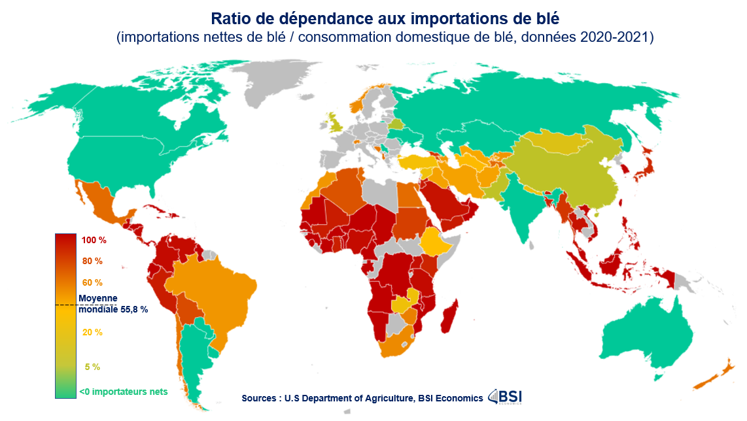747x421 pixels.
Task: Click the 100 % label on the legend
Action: (x=94, y=241)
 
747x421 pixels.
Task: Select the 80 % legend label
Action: (x=92, y=261)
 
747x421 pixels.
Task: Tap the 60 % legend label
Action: (x=92, y=283)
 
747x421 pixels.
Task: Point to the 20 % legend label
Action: (x=92, y=332)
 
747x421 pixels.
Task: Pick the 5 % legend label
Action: (x=92, y=367)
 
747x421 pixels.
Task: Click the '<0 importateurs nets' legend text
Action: (x=123, y=392)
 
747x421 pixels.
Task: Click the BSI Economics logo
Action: (x=505, y=397)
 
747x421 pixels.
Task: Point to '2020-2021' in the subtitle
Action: (x=616, y=37)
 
